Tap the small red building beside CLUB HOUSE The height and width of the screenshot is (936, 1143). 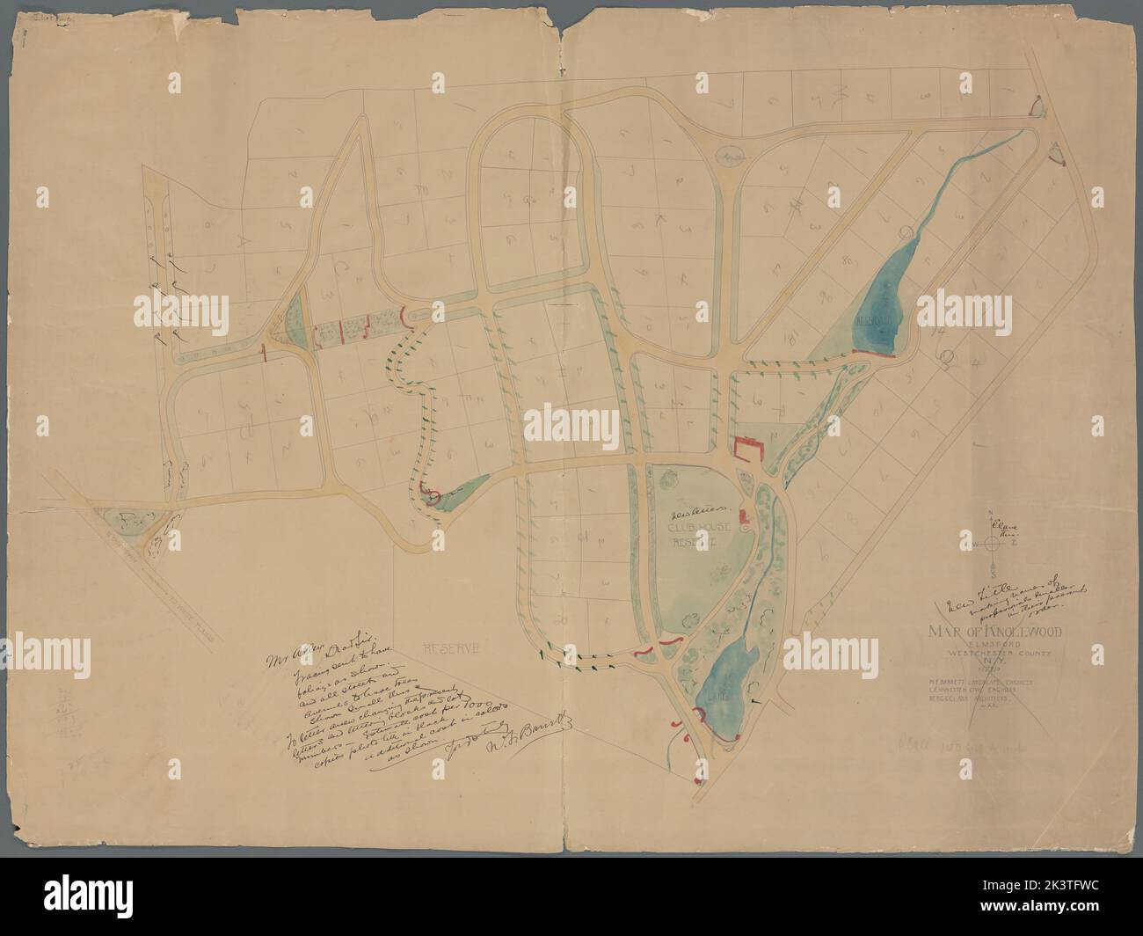click(741, 515)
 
